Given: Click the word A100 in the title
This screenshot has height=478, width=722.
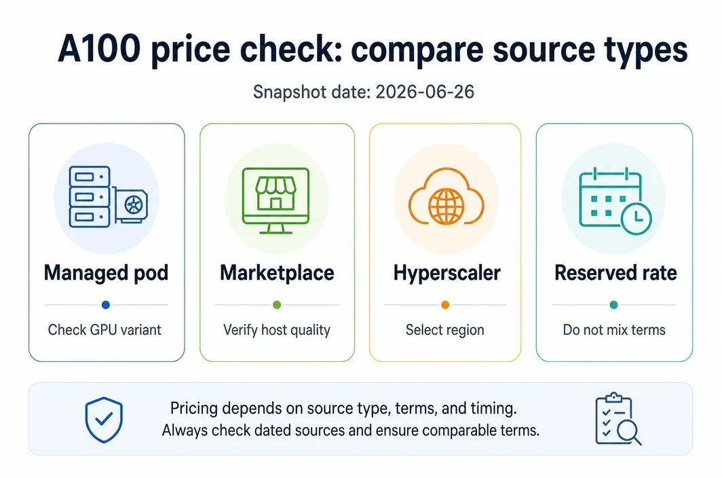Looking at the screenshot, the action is coord(99,49).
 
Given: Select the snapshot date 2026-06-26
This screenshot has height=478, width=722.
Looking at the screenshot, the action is coord(425,92).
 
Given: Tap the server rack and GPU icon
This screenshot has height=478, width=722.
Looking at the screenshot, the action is coord(108,197).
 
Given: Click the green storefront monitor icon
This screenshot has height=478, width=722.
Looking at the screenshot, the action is coord(275,200).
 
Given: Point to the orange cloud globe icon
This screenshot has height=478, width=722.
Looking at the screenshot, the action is coord(446,197).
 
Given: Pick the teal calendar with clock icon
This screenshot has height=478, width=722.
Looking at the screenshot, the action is coord(615,201).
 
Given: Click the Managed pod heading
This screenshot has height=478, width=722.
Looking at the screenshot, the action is coord(107,273).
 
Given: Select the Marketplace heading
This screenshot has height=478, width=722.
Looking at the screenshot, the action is coord(277,273).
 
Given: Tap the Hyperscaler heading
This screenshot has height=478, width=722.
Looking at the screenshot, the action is coord(446,273).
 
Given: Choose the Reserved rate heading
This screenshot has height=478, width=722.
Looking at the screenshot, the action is coord(615,273).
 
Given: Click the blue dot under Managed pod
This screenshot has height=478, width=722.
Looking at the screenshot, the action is coord(106,305).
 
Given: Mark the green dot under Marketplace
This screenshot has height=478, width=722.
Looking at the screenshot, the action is coord(277,305).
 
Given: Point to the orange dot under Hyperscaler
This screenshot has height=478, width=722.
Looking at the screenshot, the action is coord(445,305).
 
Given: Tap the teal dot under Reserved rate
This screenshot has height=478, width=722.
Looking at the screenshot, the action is coord(614,305).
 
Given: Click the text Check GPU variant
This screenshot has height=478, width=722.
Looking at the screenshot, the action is coord(104,330).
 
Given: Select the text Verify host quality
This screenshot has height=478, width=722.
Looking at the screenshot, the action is coord(277,330).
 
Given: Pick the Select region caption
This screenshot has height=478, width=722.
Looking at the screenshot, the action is coord(445,330).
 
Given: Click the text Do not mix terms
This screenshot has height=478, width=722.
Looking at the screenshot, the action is coord(614,330).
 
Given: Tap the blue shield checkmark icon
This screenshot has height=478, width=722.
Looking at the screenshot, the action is coord(104,420).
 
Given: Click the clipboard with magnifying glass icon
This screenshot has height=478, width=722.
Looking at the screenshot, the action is coord(617,419).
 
